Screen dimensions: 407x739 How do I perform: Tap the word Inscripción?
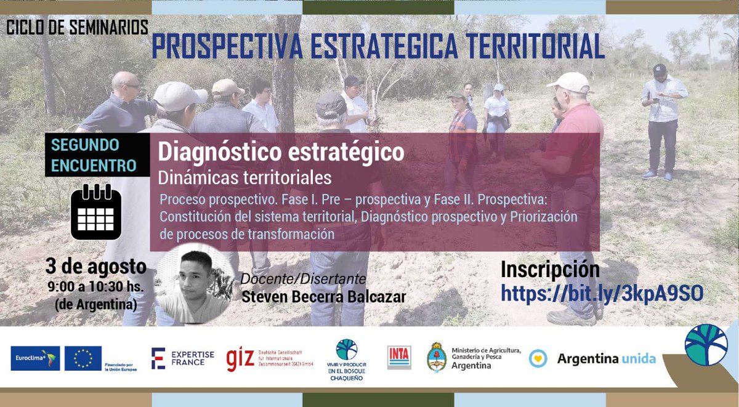pos(549,270)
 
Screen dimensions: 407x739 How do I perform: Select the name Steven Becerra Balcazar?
pos(323,296)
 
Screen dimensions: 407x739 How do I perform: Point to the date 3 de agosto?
pos(95,267)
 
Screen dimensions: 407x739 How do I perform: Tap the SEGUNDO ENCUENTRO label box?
pos(94,155)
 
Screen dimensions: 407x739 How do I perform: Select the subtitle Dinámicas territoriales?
pos(244,178)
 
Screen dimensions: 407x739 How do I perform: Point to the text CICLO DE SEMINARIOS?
pos(77,28)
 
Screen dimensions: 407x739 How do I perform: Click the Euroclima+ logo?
pos(35,358)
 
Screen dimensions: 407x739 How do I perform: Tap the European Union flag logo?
pos(83,358)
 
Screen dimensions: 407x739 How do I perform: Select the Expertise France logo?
pos(183,358)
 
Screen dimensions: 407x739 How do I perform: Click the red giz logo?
pos(240,358)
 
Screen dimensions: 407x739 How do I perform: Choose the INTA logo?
pos(399,357)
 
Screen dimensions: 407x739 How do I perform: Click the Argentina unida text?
pos(606,358)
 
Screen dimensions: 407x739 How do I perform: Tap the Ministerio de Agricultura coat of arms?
pos(437,357)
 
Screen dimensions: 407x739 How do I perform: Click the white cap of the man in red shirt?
pos(569,81)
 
